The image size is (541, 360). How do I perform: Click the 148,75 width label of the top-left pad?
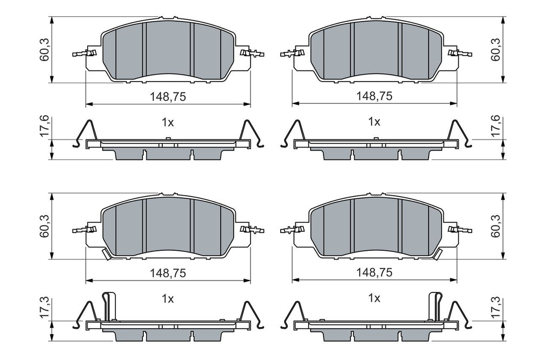click(x=168, y=97)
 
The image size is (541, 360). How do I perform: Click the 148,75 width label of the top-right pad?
click(x=374, y=96)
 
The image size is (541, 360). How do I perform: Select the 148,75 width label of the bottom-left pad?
click(x=168, y=273)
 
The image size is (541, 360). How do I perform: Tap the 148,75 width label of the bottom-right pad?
click(x=374, y=272)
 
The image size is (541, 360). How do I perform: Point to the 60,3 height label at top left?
click(x=45, y=50)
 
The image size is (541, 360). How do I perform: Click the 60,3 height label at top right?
click(x=496, y=50)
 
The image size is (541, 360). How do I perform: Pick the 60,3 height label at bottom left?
click(x=45, y=226)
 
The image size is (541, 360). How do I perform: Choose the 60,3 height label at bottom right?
click(x=496, y=226)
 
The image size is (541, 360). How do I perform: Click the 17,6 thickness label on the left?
click(x=45, y=127)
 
